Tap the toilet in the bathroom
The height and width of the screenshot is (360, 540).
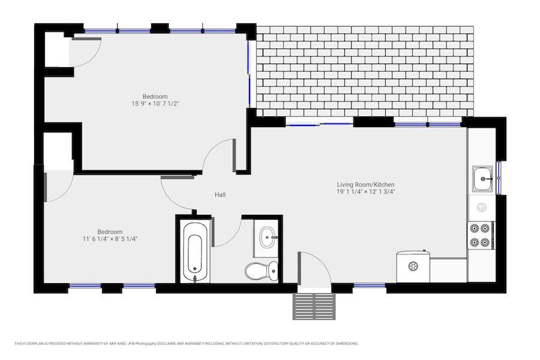point(262,270)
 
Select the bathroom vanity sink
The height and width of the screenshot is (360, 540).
point(267,238)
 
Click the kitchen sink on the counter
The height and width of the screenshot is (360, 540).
point(482,178)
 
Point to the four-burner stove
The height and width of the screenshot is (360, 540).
point(481,235)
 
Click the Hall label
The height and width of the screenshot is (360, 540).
point(220,194)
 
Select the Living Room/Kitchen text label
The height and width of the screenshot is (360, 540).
point(365,185)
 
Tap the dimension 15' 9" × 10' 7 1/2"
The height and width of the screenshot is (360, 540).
point(155,104)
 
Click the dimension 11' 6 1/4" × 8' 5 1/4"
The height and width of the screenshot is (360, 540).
point(110,239)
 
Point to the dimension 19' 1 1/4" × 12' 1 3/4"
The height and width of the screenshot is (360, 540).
point(365,192)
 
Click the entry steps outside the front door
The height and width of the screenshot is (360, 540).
point(314,306)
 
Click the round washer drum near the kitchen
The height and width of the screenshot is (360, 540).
point(413,266)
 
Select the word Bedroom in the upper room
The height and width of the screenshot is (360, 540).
point(155,97)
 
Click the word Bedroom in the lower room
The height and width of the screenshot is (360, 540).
point(110,232)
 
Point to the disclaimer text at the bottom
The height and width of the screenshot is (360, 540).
point(187,343)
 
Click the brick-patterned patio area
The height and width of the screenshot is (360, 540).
point(365,71)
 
